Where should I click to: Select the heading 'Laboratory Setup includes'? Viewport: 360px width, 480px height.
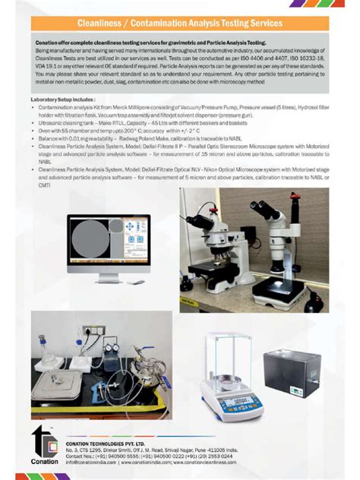[63, 99]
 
